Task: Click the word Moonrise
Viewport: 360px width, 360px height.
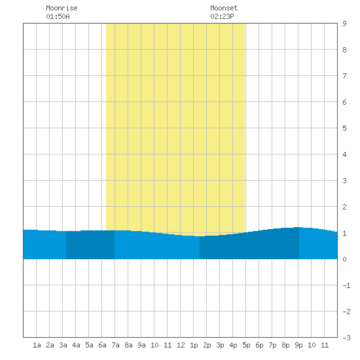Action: coord(62,8)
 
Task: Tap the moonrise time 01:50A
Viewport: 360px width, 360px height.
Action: coord(58,16)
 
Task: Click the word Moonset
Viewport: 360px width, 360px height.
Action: coord(224,8)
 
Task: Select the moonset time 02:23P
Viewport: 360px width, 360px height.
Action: coord(222,16)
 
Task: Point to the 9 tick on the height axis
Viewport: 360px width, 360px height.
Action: coord(344,24)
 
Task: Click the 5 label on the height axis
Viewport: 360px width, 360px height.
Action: coord(344,128)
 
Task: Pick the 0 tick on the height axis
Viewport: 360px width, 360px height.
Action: coord(344,259)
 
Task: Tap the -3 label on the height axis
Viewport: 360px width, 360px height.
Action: coord(346,338)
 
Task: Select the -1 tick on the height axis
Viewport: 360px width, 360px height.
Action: coord(346,285)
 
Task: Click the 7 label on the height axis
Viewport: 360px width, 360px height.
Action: coord(344,76)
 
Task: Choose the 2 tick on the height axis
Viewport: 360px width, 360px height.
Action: coord(344,207)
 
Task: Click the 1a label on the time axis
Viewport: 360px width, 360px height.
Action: coord(37,345)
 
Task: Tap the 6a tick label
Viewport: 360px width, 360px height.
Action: coord(102,345)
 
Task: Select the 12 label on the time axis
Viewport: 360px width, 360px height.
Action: coord(181,345)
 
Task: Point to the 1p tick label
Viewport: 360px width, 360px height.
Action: coord(194,345)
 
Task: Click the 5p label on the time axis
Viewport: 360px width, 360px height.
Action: coord(246,345)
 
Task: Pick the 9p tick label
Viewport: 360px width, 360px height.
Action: coord(298,345)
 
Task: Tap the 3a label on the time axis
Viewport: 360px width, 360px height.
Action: coord(63,345)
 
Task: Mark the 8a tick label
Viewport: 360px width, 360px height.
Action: coord(128,345)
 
